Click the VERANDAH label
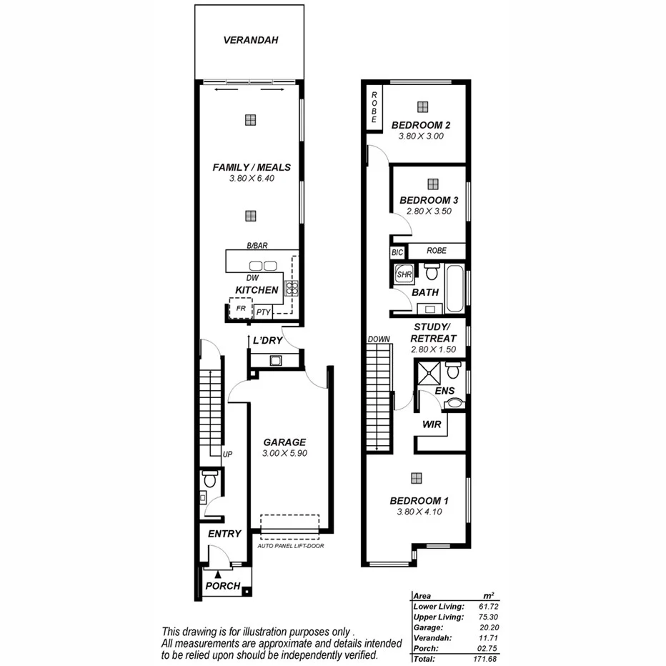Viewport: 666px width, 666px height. [250, 40]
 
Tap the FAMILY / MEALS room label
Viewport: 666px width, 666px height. [252, 167]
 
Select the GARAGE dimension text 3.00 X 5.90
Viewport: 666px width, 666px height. [284, 454]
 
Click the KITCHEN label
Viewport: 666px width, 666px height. [257, 290]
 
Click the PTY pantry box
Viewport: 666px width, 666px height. [264, 312]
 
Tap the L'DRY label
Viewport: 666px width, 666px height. [267, 341]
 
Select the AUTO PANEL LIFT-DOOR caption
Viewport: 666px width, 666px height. [289, 547]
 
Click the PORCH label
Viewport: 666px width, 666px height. [222, 586]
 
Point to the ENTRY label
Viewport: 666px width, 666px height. [224, 534]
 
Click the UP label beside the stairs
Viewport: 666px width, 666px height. [228, 454]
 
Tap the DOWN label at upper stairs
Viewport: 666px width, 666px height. [378, 339]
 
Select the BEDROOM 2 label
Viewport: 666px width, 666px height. [421, 125]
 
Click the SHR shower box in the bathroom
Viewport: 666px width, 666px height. [404, 274]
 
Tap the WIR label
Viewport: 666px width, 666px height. [432, 424]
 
